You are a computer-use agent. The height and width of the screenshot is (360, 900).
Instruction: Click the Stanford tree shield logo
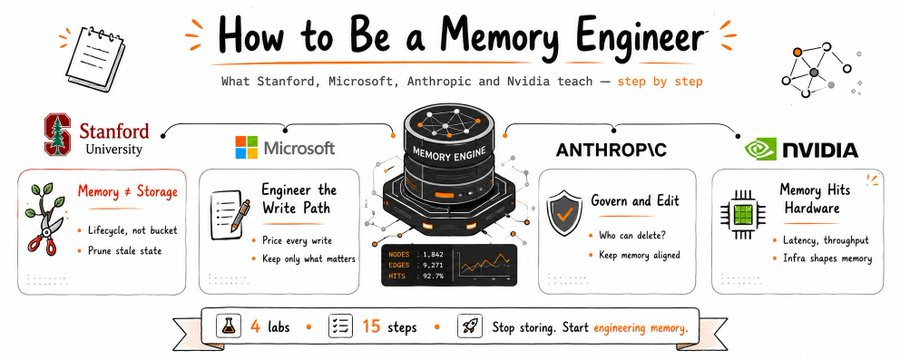pos(57,134)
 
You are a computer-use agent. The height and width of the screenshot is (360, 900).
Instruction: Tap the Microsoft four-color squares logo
pos(247,148)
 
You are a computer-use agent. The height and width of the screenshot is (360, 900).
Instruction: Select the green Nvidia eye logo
pos(761,149)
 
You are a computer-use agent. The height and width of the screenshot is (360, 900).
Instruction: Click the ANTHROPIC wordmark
pos(611,150)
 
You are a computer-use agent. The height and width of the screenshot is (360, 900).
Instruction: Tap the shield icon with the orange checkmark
pos(564,213)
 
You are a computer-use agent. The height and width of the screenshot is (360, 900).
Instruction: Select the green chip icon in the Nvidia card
pos(743,215)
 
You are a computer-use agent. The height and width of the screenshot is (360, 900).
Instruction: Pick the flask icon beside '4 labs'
pos(228,326)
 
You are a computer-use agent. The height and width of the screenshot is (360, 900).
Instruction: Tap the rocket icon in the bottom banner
pos(470,326)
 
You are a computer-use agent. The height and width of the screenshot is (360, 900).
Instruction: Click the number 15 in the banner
pos(371,327)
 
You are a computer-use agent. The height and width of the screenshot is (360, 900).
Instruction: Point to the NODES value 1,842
pos(433,254)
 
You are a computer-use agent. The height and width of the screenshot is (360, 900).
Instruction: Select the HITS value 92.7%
pos(432,276)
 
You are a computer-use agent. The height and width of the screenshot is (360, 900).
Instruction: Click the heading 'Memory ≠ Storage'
pos(127,191)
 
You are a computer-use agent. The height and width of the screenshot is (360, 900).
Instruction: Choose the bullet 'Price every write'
pos(297,241)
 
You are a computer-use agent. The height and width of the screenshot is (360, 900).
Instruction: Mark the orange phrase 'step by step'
pos(660,82)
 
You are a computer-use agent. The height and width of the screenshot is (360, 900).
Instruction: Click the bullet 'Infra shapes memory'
pos(827,258)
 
